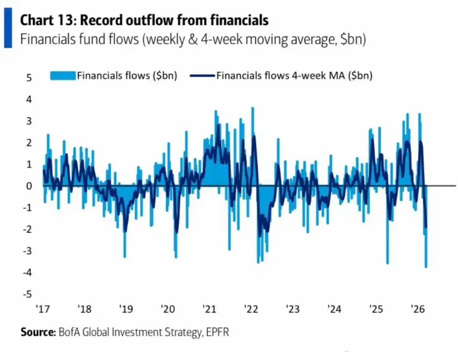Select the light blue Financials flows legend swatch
tap(63, 76)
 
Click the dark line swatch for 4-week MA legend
tap(202, 76)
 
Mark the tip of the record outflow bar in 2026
tap(426, 267)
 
